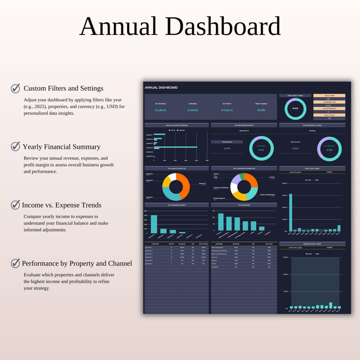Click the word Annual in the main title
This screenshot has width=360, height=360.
[120, 26]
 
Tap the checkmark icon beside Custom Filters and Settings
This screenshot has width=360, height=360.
[16, 88]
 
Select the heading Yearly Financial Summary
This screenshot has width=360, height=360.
[61, 146]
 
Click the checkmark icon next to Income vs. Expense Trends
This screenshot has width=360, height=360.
[16, 205]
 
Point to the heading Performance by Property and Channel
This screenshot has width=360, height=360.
[77, 263]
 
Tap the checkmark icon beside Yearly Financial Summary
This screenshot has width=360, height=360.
[16, 146]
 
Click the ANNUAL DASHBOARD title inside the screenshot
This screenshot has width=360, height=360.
[161, 88]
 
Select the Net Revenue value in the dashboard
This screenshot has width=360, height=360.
[160, 110]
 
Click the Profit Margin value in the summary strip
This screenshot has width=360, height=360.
[261, 110]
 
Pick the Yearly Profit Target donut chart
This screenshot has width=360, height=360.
[295, 109]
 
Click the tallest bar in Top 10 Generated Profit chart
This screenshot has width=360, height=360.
[154, 223]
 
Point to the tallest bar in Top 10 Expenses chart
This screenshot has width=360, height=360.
[221, 222]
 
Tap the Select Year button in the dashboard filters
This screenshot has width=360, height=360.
[329, 95]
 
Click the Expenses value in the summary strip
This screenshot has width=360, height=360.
[193, 110]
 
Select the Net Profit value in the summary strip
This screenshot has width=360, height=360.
[227, 110]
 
